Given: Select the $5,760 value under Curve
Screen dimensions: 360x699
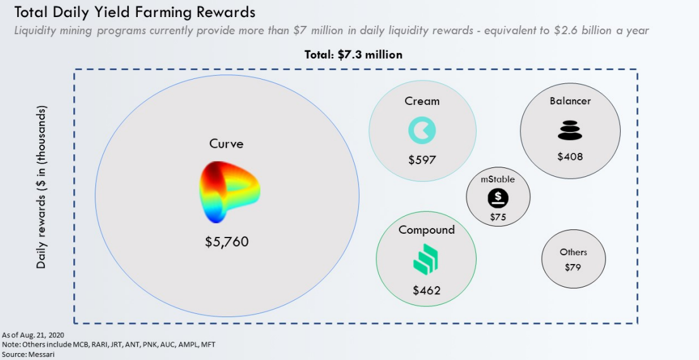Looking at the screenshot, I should coord(227,241).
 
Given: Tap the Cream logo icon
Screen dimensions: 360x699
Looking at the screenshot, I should coord(422,131).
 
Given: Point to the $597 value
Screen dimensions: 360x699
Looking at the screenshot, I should coord(422,160).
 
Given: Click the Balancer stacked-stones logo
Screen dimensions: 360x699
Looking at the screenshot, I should coord(569,130).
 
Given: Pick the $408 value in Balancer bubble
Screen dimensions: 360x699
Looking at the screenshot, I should coord(569,156).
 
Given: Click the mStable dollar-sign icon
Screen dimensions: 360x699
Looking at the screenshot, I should coord(498,199).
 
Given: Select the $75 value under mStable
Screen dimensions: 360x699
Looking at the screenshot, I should coord(498,217).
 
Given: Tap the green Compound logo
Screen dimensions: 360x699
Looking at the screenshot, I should coord(426,260).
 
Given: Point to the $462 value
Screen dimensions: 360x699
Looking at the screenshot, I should coord(427,291).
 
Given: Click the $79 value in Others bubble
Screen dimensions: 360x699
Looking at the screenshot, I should coord(573,267).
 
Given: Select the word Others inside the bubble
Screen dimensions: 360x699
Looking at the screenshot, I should coord(573,252).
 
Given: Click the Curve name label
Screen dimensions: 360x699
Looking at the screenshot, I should coord(226,144).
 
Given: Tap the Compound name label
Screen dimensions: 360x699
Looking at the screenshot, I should coord(427,230).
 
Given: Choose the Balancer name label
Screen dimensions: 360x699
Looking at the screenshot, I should coord(570,100).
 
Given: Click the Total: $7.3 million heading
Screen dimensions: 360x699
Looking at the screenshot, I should coord(353,54).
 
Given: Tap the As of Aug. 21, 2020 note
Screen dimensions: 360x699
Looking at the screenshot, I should coord(33,334).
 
